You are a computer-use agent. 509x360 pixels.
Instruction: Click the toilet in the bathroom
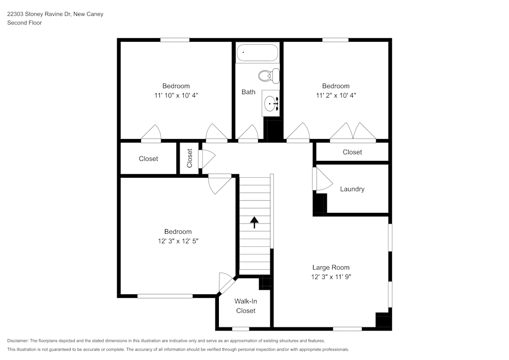tap(268, 76)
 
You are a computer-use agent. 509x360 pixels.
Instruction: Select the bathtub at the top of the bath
tap(257, 53)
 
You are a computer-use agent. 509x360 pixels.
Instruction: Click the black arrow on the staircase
tap(254, 221)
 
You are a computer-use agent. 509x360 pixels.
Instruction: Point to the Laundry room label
tap(352, 189)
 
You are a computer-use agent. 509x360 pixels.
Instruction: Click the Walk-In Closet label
tap(245, 306)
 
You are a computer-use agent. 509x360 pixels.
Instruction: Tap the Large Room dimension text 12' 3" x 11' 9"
tap(331, 277)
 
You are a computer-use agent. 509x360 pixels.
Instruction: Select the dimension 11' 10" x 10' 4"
tap(176, 95)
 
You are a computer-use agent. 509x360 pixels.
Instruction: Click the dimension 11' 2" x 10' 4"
tap(335, 95)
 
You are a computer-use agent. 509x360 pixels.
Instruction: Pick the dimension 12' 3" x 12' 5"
tap(178, 241)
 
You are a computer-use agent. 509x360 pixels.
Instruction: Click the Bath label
tap(248, 92)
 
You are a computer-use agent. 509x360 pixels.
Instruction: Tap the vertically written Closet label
tap(190, 158)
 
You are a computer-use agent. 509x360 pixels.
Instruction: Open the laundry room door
tap(321, 180)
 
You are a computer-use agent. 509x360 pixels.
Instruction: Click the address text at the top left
tap(55, 14)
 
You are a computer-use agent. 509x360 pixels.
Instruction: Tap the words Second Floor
tap(24, 23)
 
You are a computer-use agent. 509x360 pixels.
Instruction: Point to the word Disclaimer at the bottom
tap(18, 341)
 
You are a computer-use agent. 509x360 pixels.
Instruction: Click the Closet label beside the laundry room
tap(352, 152)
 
